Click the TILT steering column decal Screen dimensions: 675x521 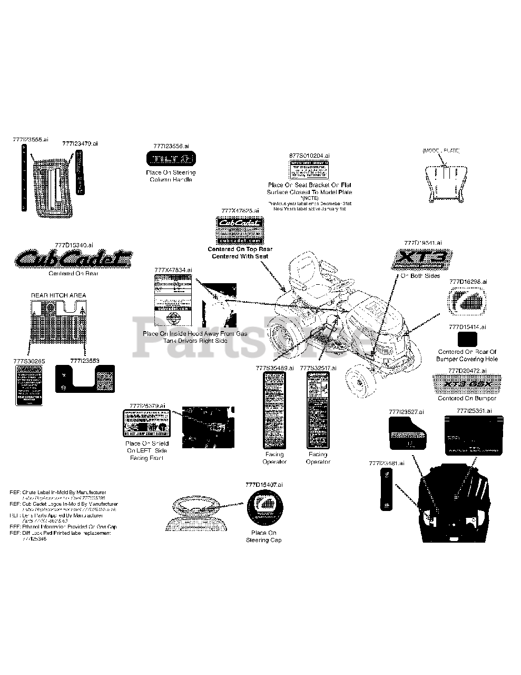tap(170, 159)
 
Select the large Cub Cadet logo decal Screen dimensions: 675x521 tap(73, 258)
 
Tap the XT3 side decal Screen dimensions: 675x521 tap(422, 259)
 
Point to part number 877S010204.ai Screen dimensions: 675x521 tap(310, 156)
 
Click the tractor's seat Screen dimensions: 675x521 tap(306, 272)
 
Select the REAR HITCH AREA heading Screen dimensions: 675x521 tap(58, 295)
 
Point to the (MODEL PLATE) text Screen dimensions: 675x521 tap(441, 151)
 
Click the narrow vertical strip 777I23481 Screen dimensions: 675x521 tap(386, 491)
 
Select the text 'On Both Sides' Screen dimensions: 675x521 tap(420, 276)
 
